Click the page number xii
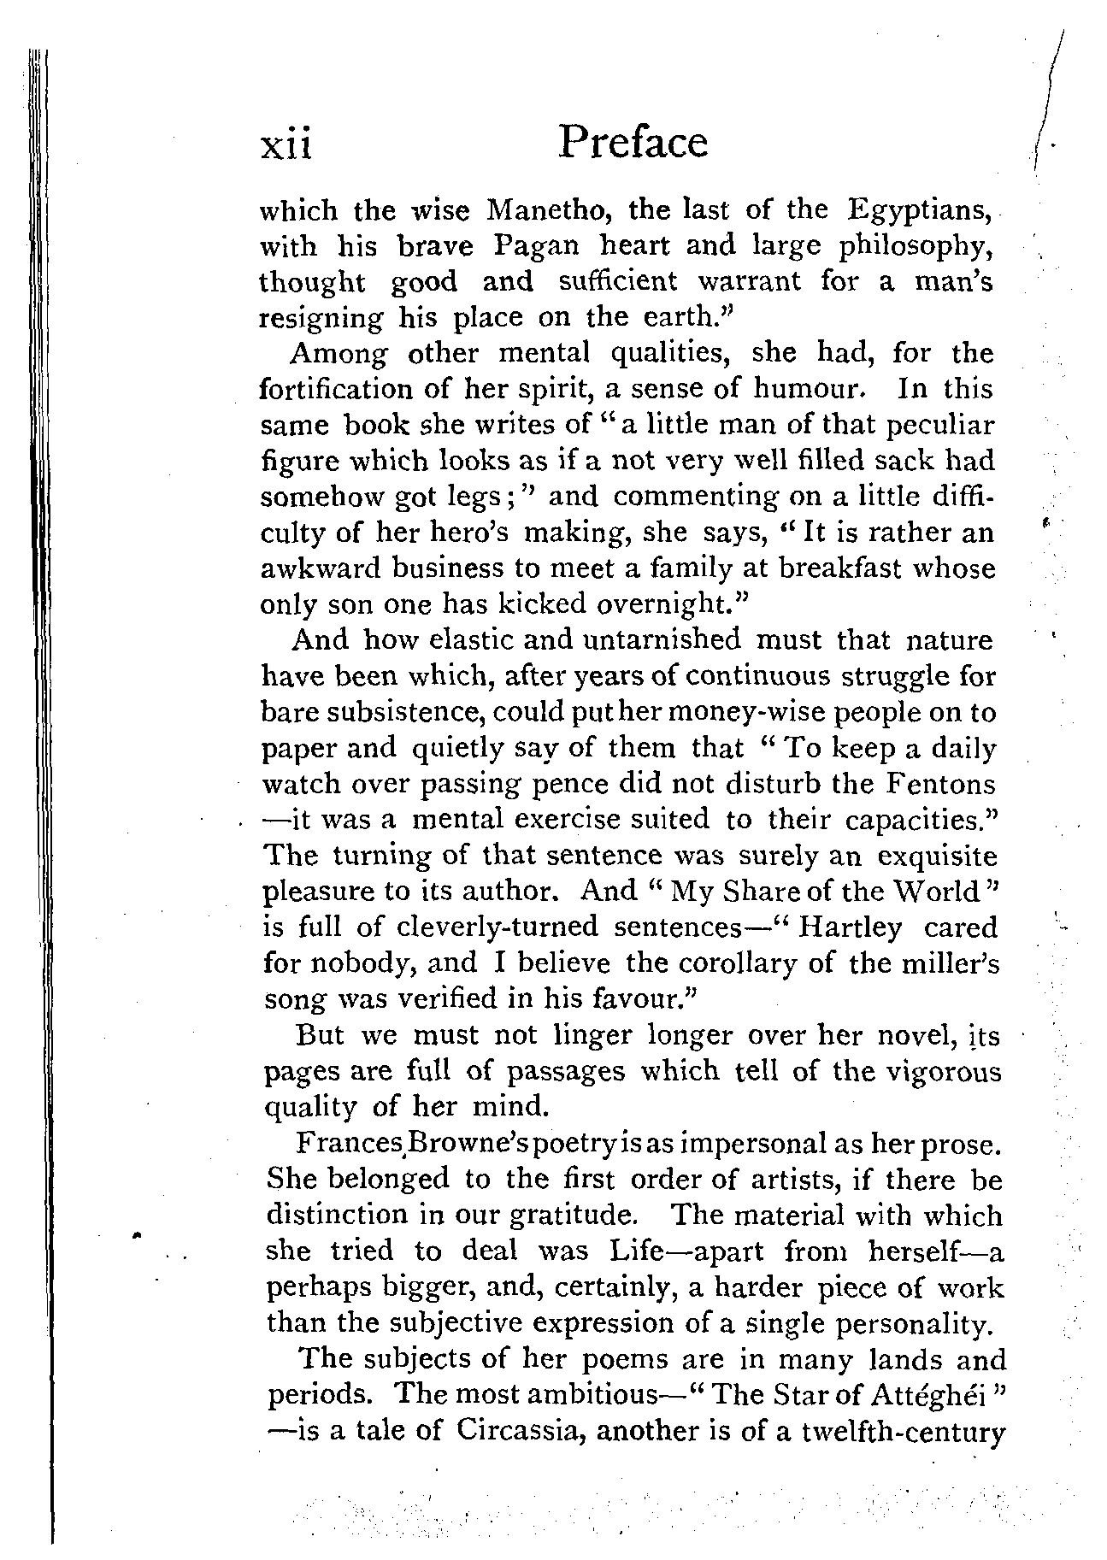287,144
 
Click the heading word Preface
633,142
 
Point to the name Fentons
938,784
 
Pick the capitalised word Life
633,1251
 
